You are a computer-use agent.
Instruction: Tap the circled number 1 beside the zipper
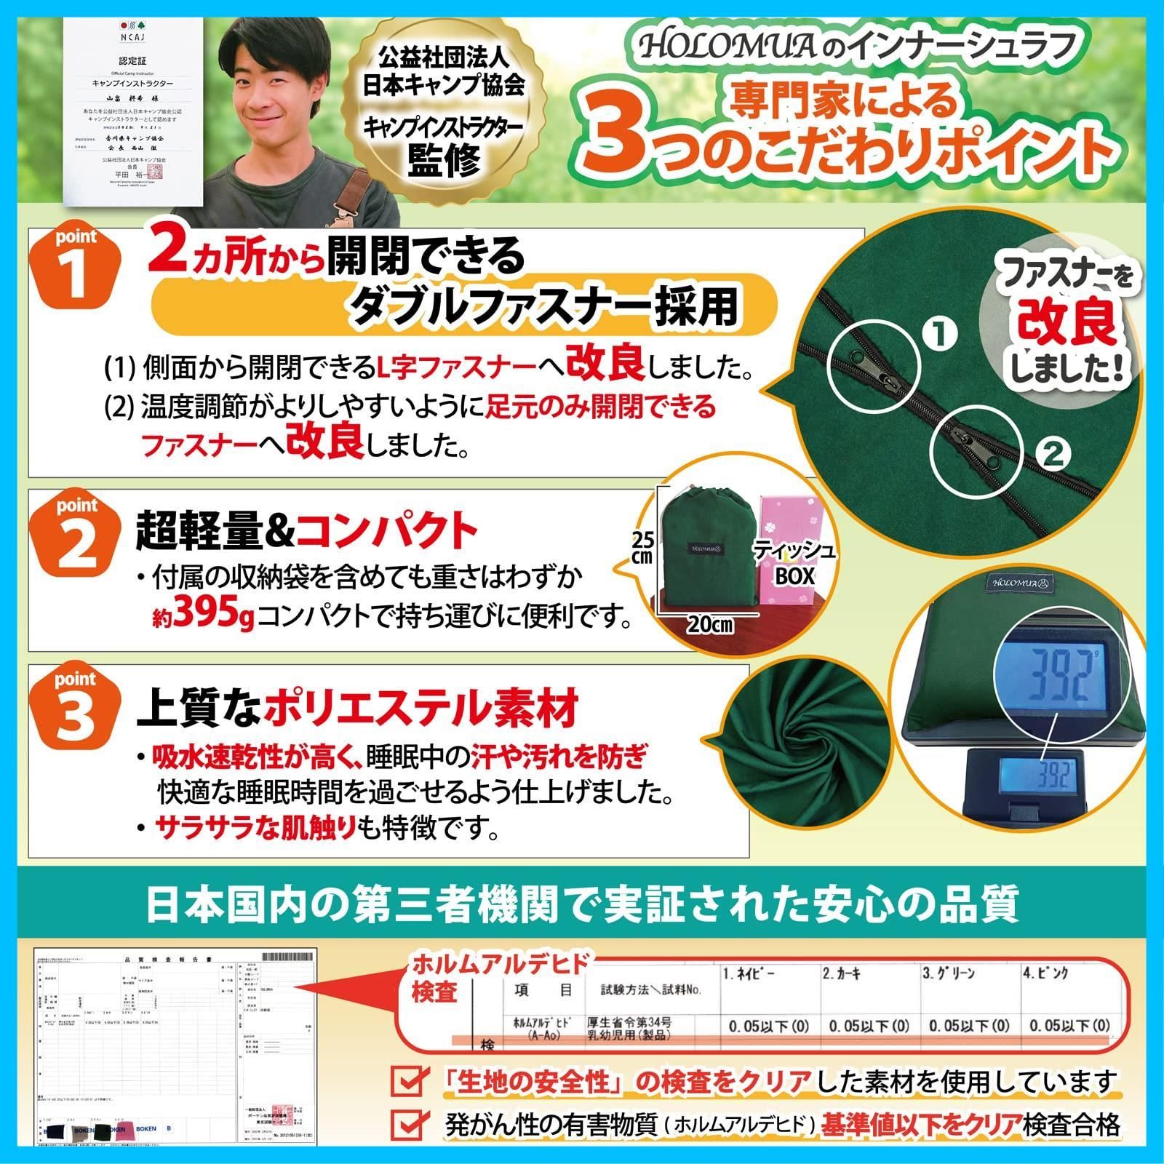pyautogui.click(x=941, y=335)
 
